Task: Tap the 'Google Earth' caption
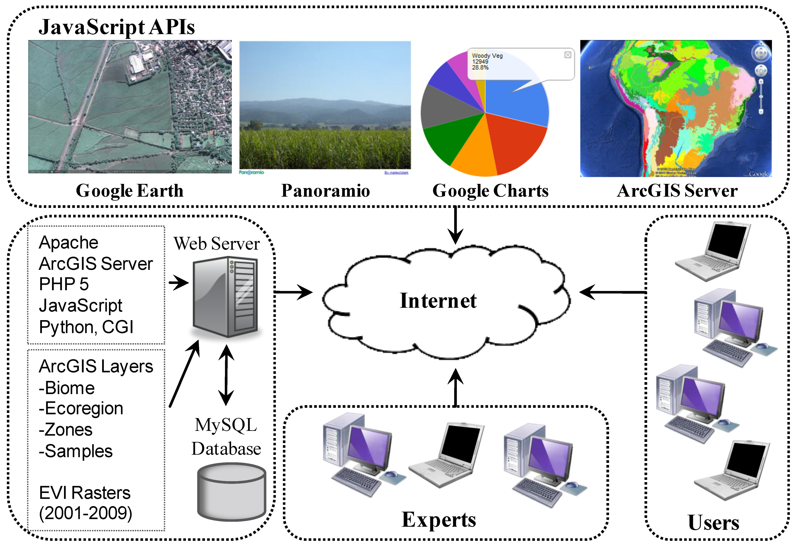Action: click(x=129, y=191)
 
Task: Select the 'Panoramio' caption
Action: click(x=325, y=191)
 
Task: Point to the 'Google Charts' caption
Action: click(x=490, y=191)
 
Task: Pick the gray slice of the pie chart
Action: click(x=445, y=108)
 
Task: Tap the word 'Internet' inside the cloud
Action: click(x=438, y=301)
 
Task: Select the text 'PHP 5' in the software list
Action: click(x=64, y=284)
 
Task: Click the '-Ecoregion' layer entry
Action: click(x=81, y=409)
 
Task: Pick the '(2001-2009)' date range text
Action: click(x=86, y=513)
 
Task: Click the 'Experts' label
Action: click(x=439, y=520)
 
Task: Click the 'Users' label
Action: click(x=713, y=522)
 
